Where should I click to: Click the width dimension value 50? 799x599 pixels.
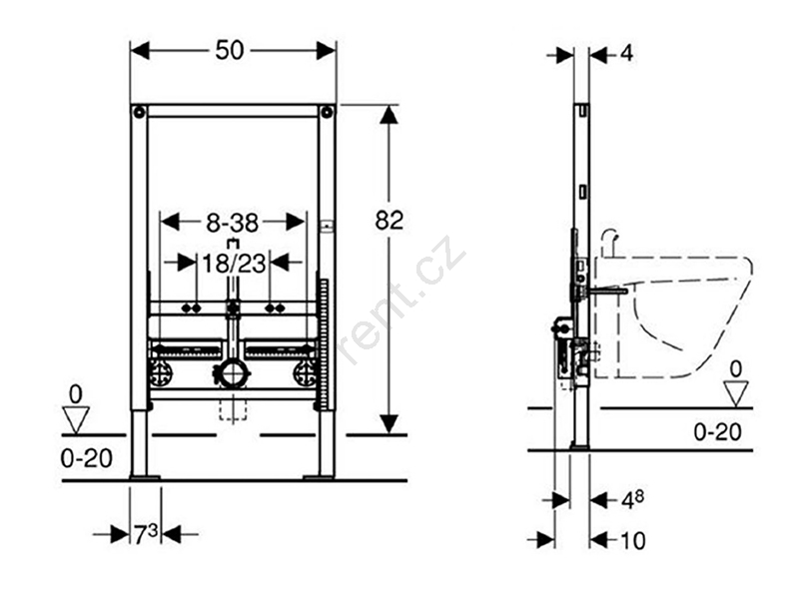pyautogui.click(x=230, y=51)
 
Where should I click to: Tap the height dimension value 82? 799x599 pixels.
pyautogui.click(x=389, y=221)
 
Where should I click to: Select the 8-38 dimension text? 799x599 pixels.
pyautogui.click(x=233, y=223)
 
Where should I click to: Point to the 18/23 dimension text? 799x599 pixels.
pyautogui.click(x=234, y=264)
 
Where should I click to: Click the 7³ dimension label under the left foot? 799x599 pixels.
pyautogui.click(x=146, y=534)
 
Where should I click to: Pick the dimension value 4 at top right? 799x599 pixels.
pyautogui.click(x=627, y=53)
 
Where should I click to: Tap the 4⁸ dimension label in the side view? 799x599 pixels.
pyautogui.click(x=632, y=500)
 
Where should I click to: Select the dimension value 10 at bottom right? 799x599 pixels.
pyautogui.click(x=632, y=540)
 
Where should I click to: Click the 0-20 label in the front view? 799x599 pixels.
pyautogui.click(x=86, y=458)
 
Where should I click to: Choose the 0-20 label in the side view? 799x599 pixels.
pyautogui.click(x=717, y=432)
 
